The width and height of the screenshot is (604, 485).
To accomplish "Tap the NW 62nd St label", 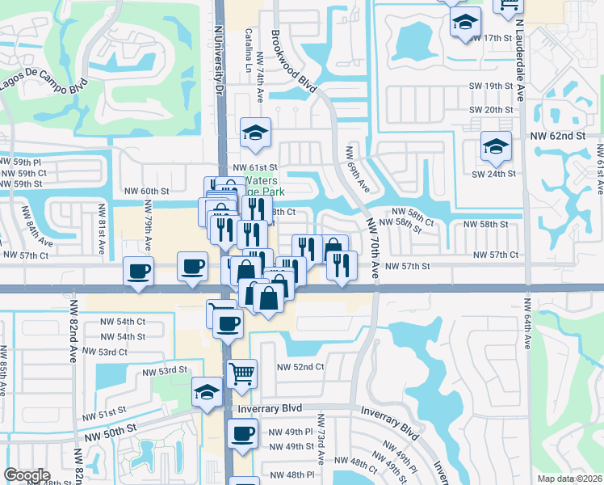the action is coord(557,137).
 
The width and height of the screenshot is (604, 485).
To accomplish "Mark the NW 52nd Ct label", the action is coord(300,366).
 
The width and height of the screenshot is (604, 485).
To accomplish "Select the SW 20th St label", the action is coord(493,110).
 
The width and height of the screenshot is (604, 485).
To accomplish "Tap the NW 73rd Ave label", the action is coord(320,440).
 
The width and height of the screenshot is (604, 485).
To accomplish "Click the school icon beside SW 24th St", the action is coord(495,145).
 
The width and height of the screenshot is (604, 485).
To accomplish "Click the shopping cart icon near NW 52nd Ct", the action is coord(241,373).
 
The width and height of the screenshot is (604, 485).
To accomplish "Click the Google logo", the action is coord(27,475).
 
